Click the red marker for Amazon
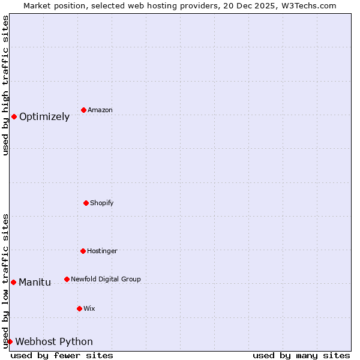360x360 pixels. click(83, 110)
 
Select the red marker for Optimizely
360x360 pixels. click(14, 116)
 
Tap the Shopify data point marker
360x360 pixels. click(86, 203)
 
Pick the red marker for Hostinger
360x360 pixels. click(83, 251)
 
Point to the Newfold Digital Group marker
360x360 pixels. click(67, 279)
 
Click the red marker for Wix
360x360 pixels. click(79, 308)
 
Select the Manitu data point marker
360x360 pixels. click(13, 282)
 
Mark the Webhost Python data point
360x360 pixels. click(10, 341)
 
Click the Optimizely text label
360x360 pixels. click(44, 117)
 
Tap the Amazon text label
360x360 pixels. click(100, 110)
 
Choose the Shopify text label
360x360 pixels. click(102, 203)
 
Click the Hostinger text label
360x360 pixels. click(102, 251)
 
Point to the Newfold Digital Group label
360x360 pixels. click(106, 279)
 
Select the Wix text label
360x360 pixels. click(89, 308)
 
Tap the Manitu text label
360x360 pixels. click(35, 283)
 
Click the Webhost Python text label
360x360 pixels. click(54, 342)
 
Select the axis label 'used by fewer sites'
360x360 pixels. click(62, 355)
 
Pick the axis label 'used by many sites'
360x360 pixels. click(301, 355)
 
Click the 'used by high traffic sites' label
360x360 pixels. click(5, 85)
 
